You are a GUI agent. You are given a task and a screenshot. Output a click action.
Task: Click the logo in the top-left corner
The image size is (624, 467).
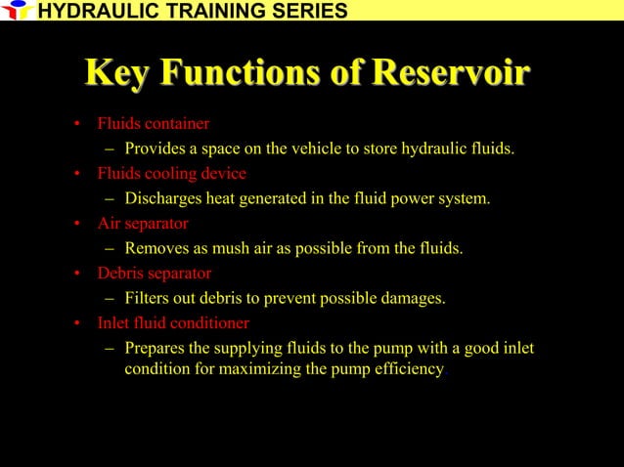click(17, 11)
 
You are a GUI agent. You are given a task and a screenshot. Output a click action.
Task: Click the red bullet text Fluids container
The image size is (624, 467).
click(153, 124)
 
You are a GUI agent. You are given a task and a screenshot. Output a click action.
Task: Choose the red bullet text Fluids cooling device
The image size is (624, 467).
click(171, 174)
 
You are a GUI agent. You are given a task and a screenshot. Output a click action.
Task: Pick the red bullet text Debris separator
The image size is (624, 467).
click(154, 274)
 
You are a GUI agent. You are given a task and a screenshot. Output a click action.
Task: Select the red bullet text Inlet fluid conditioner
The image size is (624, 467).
click(173, 323)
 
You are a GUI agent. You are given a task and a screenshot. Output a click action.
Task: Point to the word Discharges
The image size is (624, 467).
click(164, 199)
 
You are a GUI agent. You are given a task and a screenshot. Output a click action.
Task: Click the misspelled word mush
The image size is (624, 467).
click(233, 249)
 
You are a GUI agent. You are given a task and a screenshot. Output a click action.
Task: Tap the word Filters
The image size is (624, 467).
click(149, 299)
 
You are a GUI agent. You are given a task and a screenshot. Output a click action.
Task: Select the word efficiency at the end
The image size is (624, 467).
click(411, 369)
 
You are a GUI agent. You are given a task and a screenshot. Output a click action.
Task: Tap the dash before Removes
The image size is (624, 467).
click(111, 249)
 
